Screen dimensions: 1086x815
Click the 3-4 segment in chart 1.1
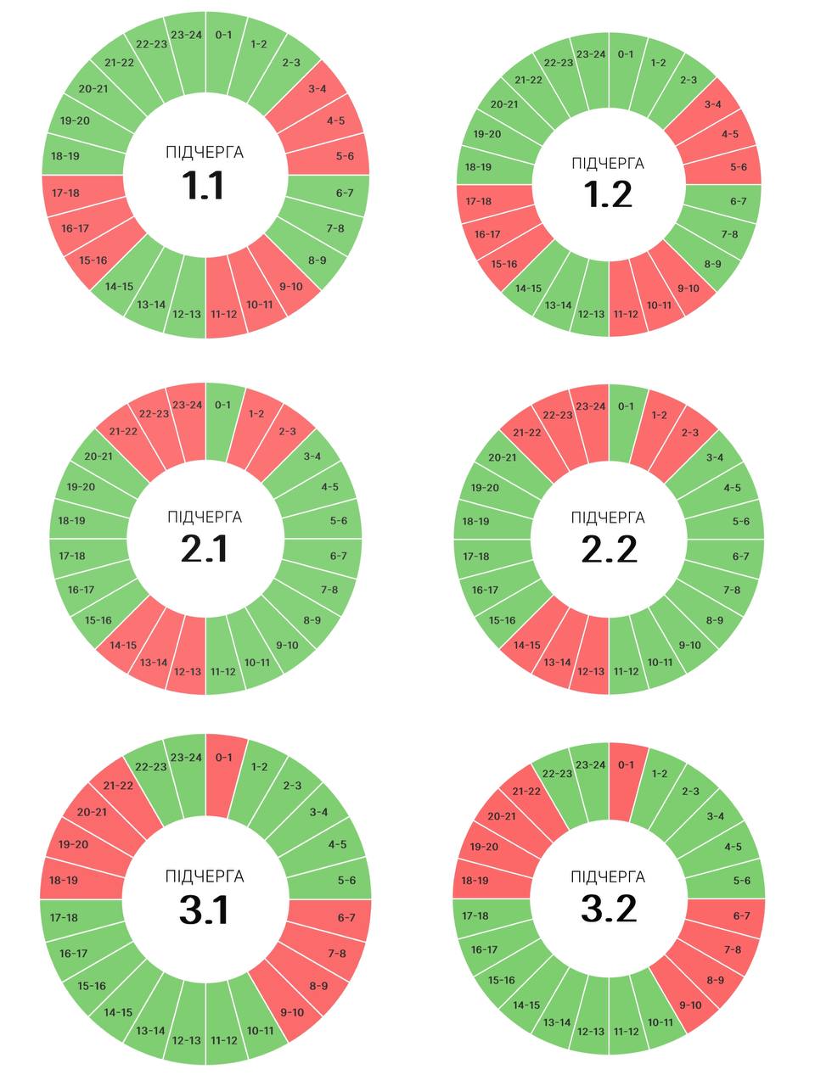pos(318,88)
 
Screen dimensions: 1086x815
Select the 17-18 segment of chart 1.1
pos(65,193)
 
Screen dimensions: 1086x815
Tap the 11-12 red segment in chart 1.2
pos(626,314)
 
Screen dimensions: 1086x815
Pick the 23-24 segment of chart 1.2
pos(591,54)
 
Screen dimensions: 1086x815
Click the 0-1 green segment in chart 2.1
pos(222,405)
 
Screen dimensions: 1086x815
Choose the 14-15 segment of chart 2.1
pos(122,645)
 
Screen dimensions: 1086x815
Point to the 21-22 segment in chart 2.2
pos(526,433)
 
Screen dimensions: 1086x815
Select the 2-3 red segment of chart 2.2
pos(690,433)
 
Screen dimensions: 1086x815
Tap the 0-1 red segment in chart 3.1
pos(223,758)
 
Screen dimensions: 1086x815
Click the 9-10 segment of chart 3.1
pos(292,1012)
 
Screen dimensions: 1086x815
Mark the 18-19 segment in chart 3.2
pos(475,881)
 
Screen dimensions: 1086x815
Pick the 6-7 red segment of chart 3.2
pos(742,915)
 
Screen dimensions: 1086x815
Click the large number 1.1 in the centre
pos(204,185)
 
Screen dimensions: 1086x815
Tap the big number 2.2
pos(609,549)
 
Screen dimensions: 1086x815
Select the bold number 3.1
pos(204,910)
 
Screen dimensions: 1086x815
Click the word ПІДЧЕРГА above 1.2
pos(608,164)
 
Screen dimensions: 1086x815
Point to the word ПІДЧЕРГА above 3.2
pos(608,876)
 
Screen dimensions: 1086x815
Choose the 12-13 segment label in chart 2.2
pos(591,672)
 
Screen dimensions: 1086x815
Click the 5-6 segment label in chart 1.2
pos(739,167)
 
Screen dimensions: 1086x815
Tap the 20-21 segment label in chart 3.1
pos(91,812)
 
